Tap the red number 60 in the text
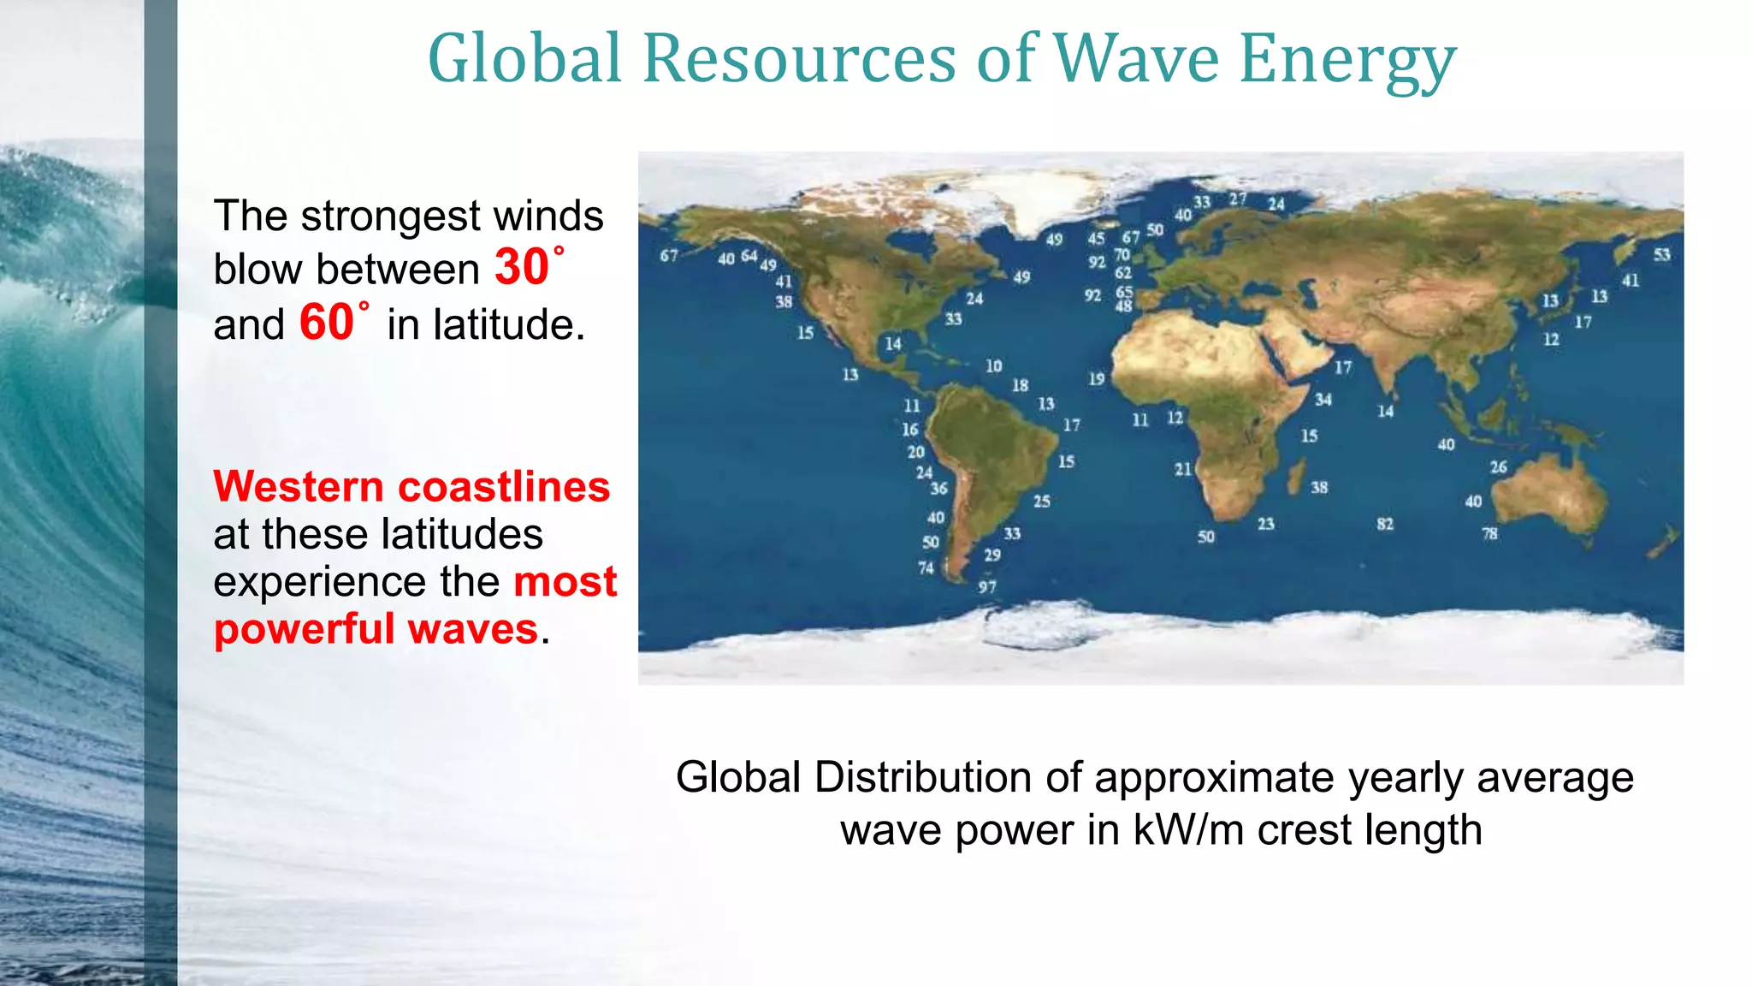click(x=326, y=323)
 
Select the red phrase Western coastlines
click(x=411, y=486)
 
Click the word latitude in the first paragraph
click(x=486, y=325)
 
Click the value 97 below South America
click(x=987, y=587)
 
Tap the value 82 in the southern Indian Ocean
click(x=1385, y=524)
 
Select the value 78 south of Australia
click(x=1489, y=533)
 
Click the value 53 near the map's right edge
click(x=1661, y=254)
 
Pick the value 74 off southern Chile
click(x=926, y=567)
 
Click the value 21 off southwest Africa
click(x=1182, y=469)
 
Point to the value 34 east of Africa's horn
click(x=1323, y=400)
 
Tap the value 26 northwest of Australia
click(x=1499, y=467)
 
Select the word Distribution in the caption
click(x=936, y=778)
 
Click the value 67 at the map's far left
click(x=669, y=255)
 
